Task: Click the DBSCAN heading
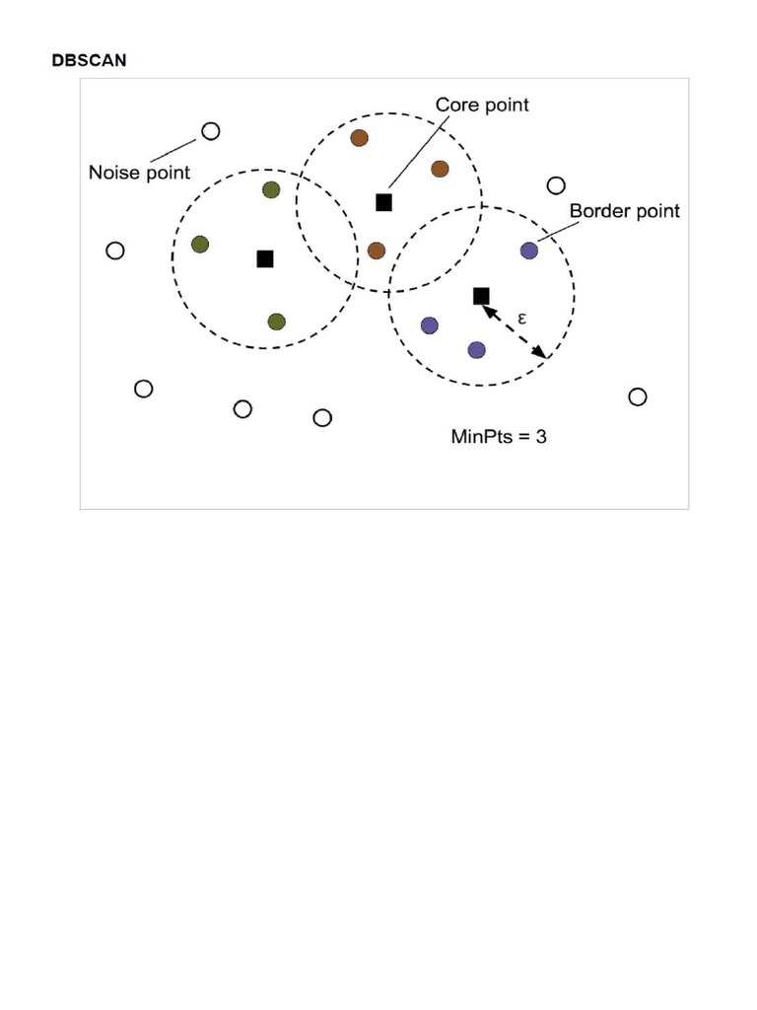pos(90,60)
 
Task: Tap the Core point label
pos(482,105)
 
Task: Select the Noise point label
pos(139,173)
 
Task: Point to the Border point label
pos(624,211)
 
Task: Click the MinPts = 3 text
pos(499,437)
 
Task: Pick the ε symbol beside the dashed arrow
pos(522,319)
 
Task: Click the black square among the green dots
pos(265,259)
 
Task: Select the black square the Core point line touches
pos(383,202)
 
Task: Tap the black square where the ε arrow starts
pos(481,296)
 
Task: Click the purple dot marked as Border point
pos(529,251)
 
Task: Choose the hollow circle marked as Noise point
pos(211,131)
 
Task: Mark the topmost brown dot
pos(359,138)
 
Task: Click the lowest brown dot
pos(377,251)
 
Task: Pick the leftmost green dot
pos(200,245)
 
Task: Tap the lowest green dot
pos(276,322)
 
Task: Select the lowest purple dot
pos(476,350)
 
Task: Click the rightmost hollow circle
pos(638,397)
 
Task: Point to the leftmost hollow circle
pos(115,251)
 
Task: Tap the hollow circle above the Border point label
pos(556,185)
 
